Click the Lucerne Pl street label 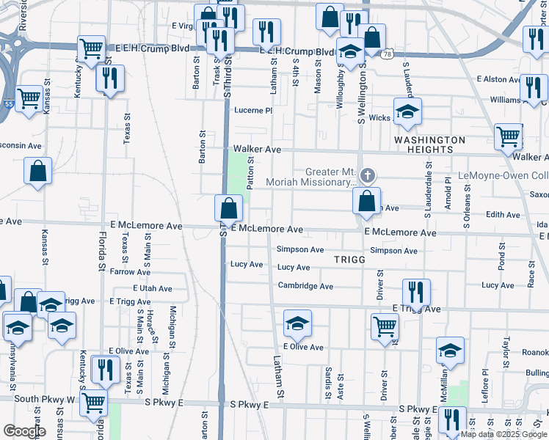pos(253,111)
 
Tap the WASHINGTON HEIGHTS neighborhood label pos(429,144)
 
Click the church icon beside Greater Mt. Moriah pos(368,175)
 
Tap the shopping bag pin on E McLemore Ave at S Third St pos(228,208)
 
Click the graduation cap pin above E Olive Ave pos(297,323)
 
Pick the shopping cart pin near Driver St pos(385,326)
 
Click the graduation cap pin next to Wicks pos(407,112)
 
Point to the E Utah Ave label pos(152,289)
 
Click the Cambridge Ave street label pos(305,286)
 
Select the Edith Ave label pos(503,214)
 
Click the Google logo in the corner pos(24,431)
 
